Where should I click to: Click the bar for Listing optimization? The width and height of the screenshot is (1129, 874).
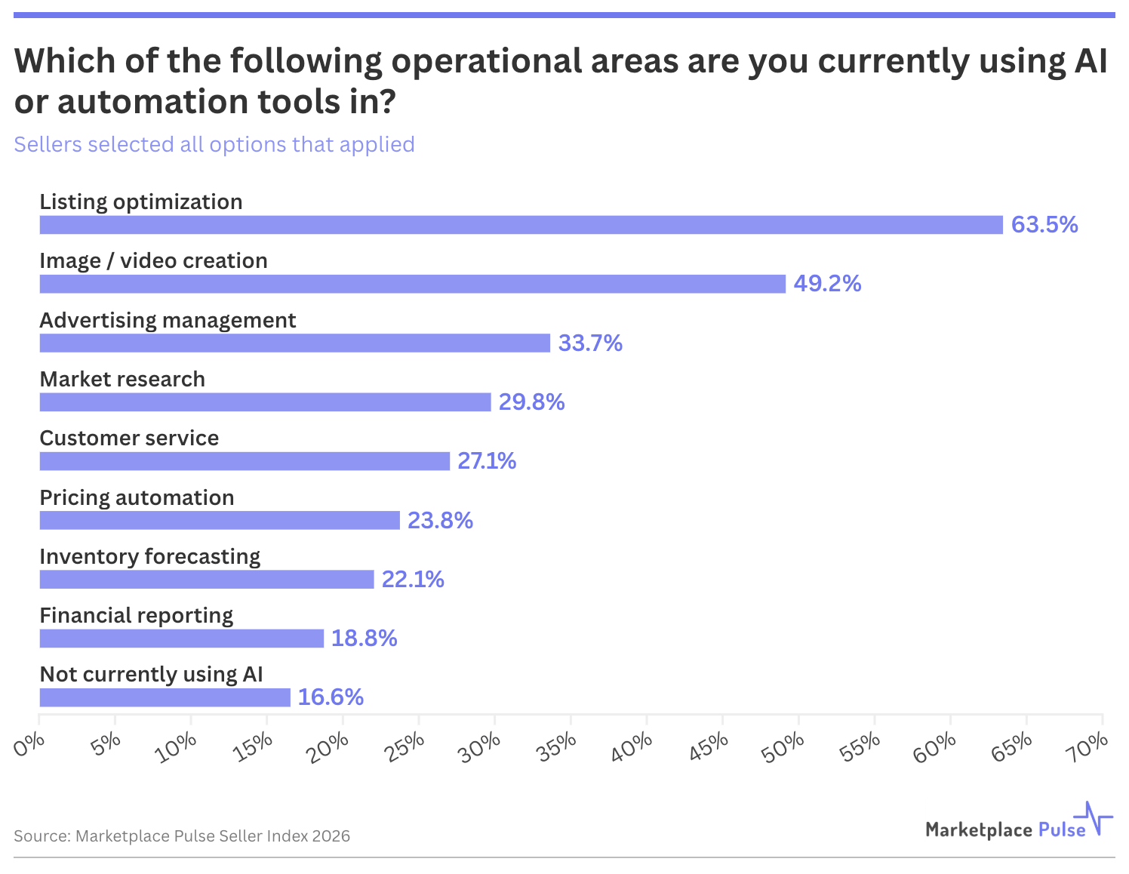pos(521,225)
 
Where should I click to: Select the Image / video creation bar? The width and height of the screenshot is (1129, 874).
pos(412,284)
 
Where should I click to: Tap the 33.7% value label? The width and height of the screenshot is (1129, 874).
pos(590,343)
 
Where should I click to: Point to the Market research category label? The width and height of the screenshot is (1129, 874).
pos(122,379)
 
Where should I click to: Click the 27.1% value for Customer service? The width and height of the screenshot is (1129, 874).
pos(487,461)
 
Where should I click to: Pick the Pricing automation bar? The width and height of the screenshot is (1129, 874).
pos(219,520)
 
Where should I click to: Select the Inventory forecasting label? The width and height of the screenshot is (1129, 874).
pos(149,556)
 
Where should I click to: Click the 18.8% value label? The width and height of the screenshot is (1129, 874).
pos(364,639)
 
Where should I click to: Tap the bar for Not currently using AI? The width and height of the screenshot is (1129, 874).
pos(165,697)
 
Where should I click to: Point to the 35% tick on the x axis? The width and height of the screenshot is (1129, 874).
pos(558,746)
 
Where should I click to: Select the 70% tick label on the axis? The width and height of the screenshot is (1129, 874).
pos(1089,746)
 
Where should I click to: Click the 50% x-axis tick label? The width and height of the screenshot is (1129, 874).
pos(785,746)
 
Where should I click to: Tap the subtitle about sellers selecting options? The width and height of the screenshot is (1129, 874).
pos(214,144)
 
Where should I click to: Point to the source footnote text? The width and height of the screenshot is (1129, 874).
pos(182,836)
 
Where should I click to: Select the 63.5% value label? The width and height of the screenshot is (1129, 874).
pos(1044,225)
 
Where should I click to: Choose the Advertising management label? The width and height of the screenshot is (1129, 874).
pos(168,320)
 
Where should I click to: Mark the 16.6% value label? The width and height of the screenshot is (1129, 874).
pos(331,697)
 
